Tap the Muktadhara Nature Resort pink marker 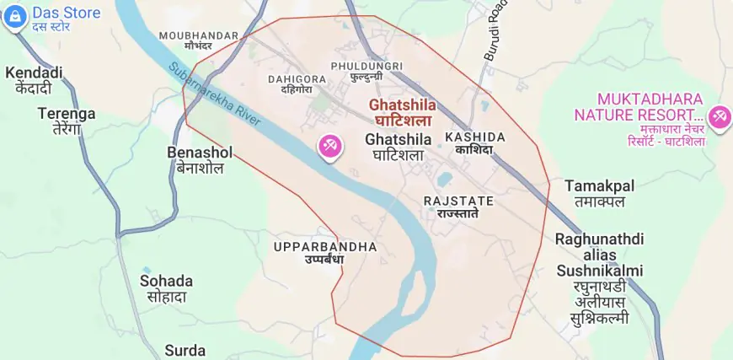[719, 116]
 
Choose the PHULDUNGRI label [366, 66]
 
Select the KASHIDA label [475, 137]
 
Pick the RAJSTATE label [457, 201]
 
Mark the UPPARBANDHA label [325, 246]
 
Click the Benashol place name [201, 153]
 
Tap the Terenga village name [67, 114]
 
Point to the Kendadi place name [34, 73]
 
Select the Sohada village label [166, 281]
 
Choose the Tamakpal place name [599, 185]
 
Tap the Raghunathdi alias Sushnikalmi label [599, 255]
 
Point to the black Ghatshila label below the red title [399, 139]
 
